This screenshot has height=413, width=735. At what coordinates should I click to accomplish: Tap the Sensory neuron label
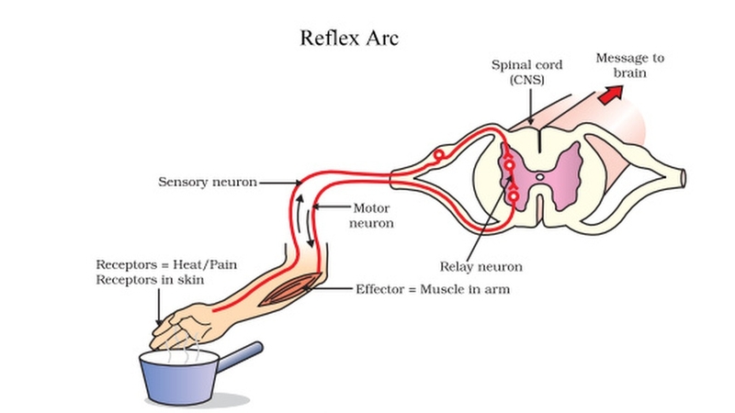206,182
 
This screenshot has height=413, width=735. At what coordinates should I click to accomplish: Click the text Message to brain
629,64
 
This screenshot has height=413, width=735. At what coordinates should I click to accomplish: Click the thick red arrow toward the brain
610,95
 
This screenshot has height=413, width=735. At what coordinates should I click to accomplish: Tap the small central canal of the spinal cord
541,173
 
